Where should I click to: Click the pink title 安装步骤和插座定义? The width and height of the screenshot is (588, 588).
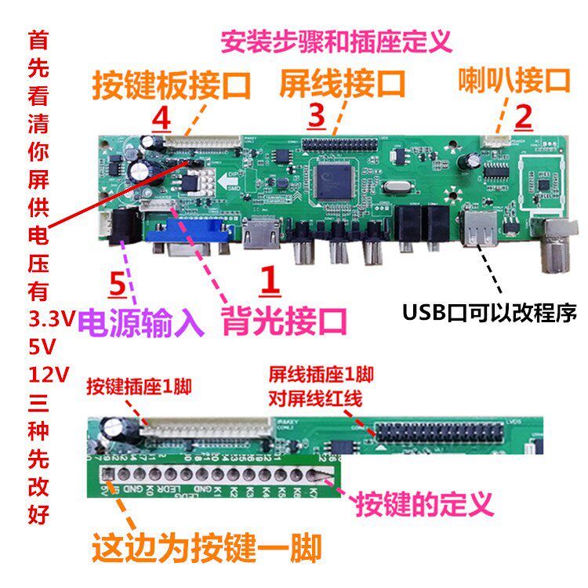pyautogui.click(x=337, y=40)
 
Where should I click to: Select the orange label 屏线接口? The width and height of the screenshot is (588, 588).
pyautogui.click(x=343, y=82)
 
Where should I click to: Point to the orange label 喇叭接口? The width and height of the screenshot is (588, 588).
pyautogui.click(x=514, y=79)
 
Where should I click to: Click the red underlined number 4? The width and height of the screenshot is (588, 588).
pyautogui.click(x=161, y=120)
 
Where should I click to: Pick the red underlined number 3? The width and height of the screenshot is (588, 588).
pyautogui.click(x=316, y=118)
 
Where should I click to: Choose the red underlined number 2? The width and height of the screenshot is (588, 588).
pyautogui.click(x=523, y=117)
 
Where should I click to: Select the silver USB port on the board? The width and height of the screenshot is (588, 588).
pyautogui.click(x=476, y=227)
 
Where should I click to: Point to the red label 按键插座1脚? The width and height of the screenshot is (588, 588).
pyautogui.click(x=139, y=387)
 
